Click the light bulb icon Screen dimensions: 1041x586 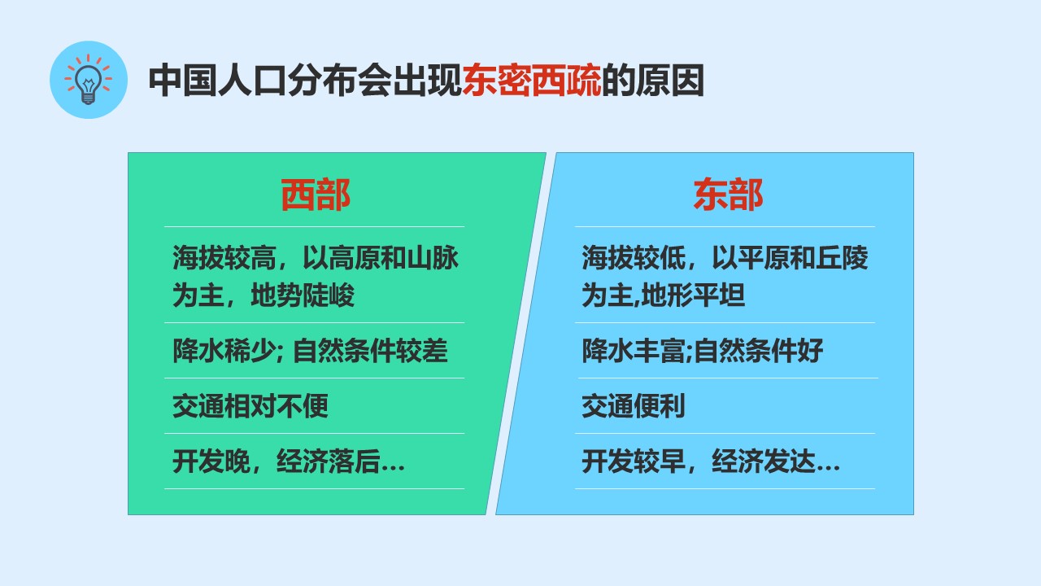coord(89,80)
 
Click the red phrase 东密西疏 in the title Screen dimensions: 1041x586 coord(531,81)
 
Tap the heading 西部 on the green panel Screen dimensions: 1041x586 coord(315,195)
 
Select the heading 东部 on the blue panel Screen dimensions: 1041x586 coord(728,195)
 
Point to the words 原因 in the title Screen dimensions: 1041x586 coord(669,81)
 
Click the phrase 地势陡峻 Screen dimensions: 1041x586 coord(303,295)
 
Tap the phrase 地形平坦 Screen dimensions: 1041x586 coord(693,295)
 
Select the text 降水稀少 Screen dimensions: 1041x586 coord(224,350)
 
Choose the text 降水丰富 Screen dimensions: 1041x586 coord(633,350)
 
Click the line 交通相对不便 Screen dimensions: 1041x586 coord(250,405)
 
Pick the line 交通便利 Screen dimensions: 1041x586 coord(633,405)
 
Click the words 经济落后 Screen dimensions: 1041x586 coord(328,461)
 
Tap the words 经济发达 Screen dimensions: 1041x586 coord(764,461)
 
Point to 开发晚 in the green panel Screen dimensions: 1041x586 coord(211,461)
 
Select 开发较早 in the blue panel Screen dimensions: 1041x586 coord(634,461)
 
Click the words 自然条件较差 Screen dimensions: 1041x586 coord(370,350)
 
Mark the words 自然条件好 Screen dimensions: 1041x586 coord(759,350)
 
